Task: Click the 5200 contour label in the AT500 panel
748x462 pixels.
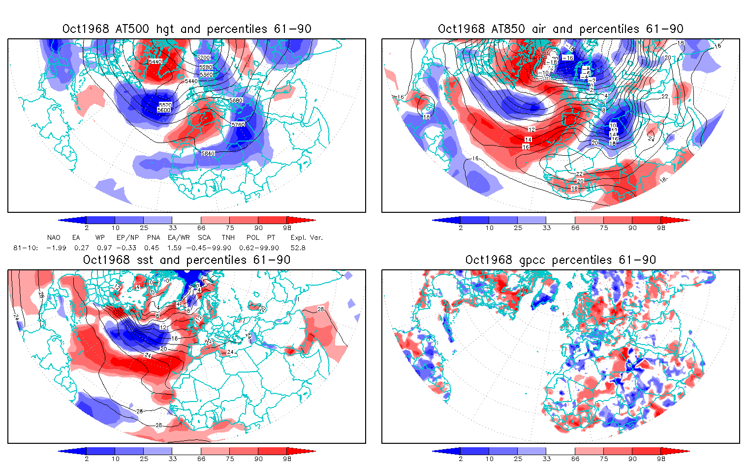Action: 203,58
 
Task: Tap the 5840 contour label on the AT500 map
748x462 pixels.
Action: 208,154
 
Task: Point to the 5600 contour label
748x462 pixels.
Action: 164,110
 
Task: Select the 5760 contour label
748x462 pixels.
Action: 238,125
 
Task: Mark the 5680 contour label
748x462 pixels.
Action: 236,101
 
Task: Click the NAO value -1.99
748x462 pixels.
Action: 56,248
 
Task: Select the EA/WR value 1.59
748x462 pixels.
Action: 175,248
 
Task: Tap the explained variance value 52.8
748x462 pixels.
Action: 298,248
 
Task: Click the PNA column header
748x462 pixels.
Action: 153,237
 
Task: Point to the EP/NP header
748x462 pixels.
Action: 127,237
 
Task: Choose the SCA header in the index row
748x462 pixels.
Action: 204,237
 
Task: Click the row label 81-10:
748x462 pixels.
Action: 26,248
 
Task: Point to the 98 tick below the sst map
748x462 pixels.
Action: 287,459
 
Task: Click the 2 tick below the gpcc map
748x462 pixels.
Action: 461,459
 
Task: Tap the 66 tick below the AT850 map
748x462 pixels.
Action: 575,228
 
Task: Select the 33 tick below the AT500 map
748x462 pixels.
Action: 172,228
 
